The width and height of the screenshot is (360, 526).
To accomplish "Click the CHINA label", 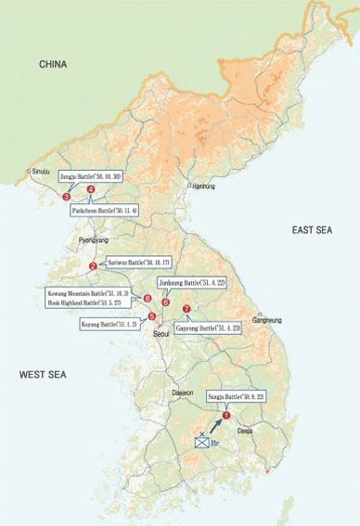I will (55, 64).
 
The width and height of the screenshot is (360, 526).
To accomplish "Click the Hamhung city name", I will (203, 186).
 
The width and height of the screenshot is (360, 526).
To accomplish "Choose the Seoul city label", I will (161, 332).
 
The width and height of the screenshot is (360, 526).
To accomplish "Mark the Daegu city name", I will (245, 430).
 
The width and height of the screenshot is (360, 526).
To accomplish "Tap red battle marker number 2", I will (93, 266).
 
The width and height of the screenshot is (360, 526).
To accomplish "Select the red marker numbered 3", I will (66, 197).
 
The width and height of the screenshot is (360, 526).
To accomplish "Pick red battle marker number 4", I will (91, 189).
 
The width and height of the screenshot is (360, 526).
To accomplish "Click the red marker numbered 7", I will (186, 309).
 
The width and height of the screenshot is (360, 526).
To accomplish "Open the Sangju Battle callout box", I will (237, 397).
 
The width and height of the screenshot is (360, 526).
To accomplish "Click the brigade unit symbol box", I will (201, 442).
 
